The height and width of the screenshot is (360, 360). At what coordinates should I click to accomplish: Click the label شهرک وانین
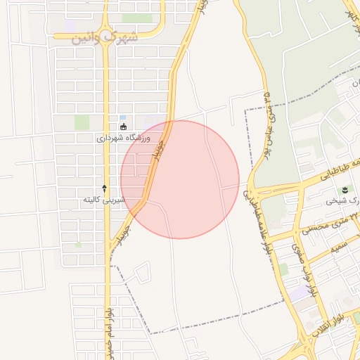[105, 37]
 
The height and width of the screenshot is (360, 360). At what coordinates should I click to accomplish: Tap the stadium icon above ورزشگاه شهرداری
[124, 127]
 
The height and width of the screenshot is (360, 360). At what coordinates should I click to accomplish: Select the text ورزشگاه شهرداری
[124, 138]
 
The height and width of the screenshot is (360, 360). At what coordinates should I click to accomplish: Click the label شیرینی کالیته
[104, 200]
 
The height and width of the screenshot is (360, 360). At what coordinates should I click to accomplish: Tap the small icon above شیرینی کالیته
[105, 188]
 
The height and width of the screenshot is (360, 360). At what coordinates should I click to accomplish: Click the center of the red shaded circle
[180, 179]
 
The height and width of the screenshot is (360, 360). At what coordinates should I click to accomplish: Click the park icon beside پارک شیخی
[345, 190]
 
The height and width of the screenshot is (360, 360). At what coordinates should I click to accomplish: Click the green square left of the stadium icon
[82, 122]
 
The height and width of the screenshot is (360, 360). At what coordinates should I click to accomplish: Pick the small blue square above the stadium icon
[123, 117]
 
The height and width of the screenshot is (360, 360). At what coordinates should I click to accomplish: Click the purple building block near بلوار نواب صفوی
[302, 292]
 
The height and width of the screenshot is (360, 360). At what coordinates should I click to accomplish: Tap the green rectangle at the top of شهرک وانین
[136, 18]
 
